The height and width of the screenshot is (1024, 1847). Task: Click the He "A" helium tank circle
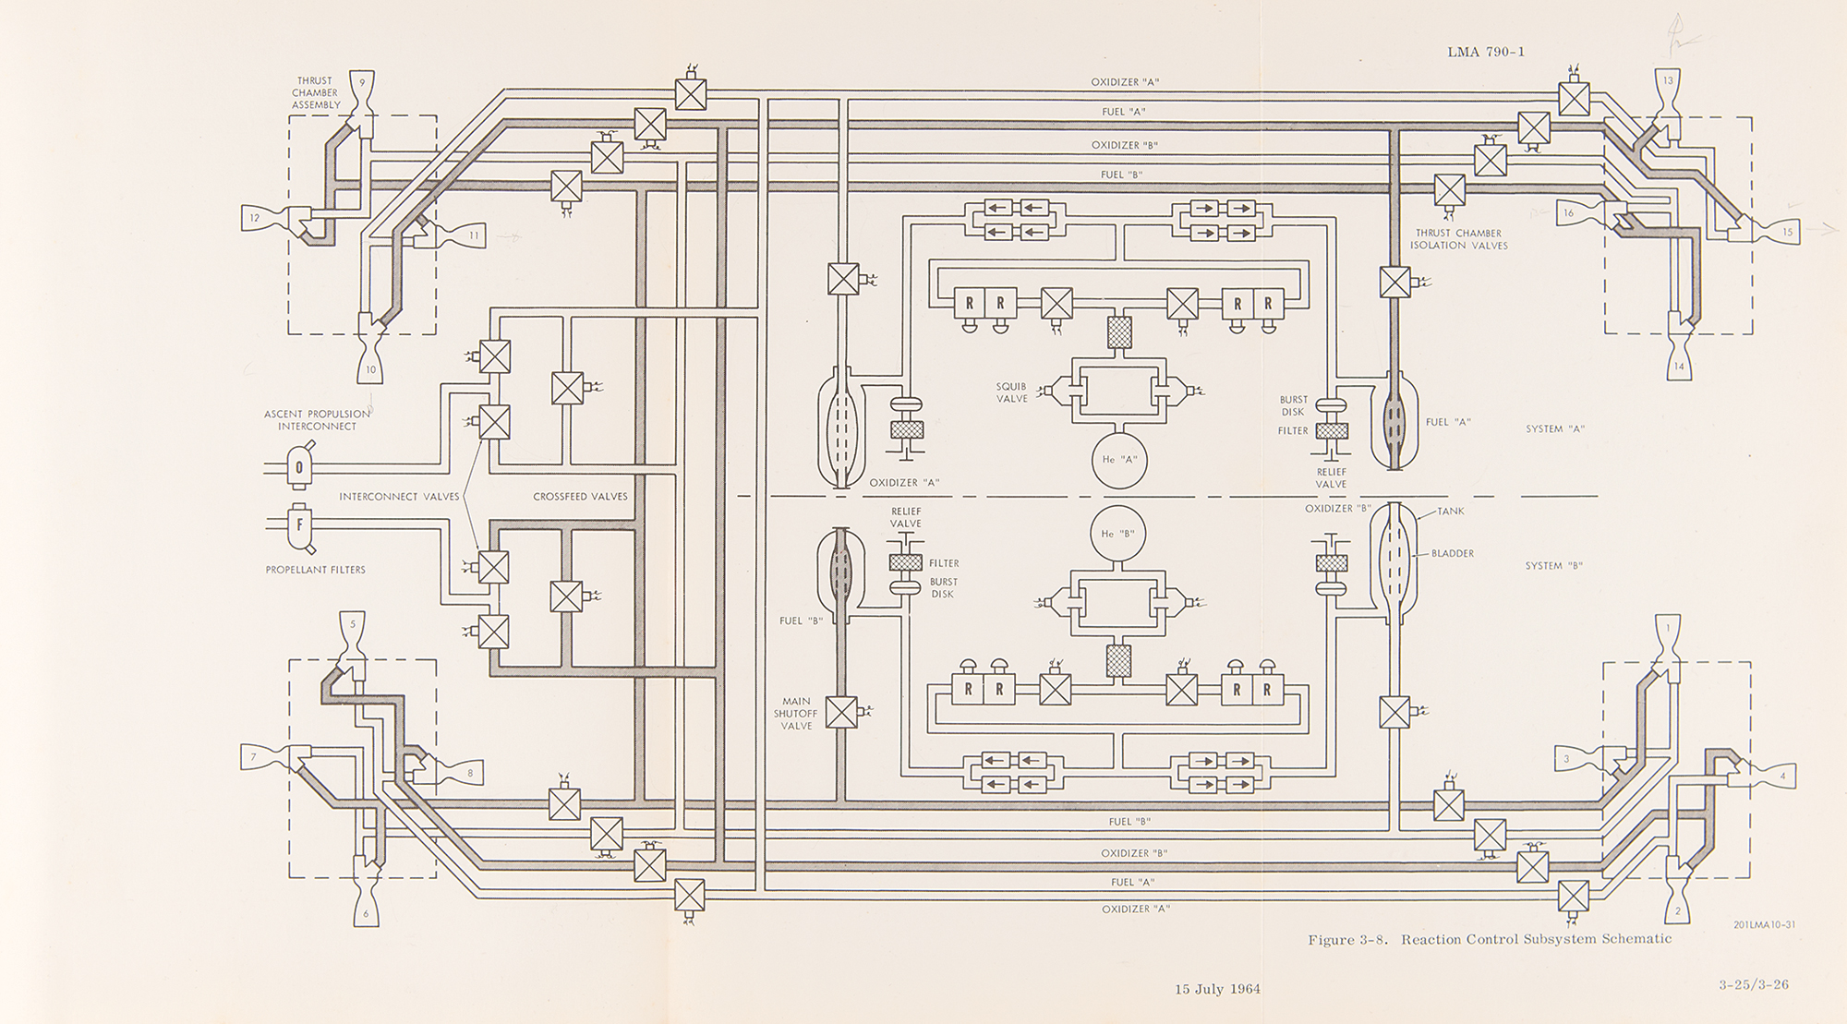pos(1119,459)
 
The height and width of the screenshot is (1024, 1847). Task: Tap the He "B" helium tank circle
pos(1118,534)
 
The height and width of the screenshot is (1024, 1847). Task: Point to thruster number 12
pos(257,218)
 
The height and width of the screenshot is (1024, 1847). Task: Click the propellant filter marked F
pos(299,525)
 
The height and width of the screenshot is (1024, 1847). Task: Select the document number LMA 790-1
pos(1486,52)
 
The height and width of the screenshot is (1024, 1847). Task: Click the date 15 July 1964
pos(1217,989)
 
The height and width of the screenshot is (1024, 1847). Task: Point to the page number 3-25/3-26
pos(1754,984)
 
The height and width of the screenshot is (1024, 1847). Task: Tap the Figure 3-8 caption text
pos(1489,940)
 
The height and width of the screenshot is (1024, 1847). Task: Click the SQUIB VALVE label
pos(1011,392)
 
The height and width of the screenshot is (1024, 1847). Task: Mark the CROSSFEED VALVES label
pos(580,496)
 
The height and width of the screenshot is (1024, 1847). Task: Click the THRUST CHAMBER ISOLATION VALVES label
pos(1458,239)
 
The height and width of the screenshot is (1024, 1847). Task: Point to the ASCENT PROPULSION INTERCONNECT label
pos(317,420)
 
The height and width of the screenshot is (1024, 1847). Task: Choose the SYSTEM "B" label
pos(1553,565)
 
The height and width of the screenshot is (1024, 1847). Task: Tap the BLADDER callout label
pos(1452,553)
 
